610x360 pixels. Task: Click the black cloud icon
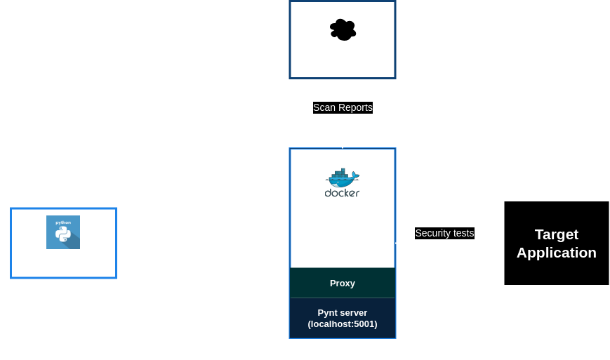pos(343,29)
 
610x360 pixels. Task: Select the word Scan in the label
pos(324,107)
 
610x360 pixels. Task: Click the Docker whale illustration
pos(343,178)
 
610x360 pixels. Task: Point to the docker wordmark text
pos(343,193)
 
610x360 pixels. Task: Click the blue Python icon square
pos(63,232)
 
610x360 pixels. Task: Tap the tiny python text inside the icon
pos(63,222)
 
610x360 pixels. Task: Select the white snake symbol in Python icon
pos(63,234)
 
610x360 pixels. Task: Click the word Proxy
pos(343,284)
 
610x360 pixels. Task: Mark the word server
pos(353,313)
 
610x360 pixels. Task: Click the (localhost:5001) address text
pos(343,324)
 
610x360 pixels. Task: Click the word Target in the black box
pos(557,234)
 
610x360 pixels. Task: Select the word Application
pos(557,253)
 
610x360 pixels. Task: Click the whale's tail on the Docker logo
pos(356,175)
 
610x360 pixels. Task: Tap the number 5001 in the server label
pos(364,324)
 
